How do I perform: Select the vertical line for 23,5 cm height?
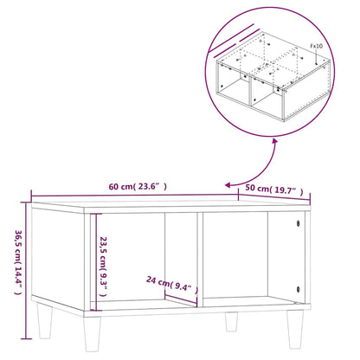point(96,260)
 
